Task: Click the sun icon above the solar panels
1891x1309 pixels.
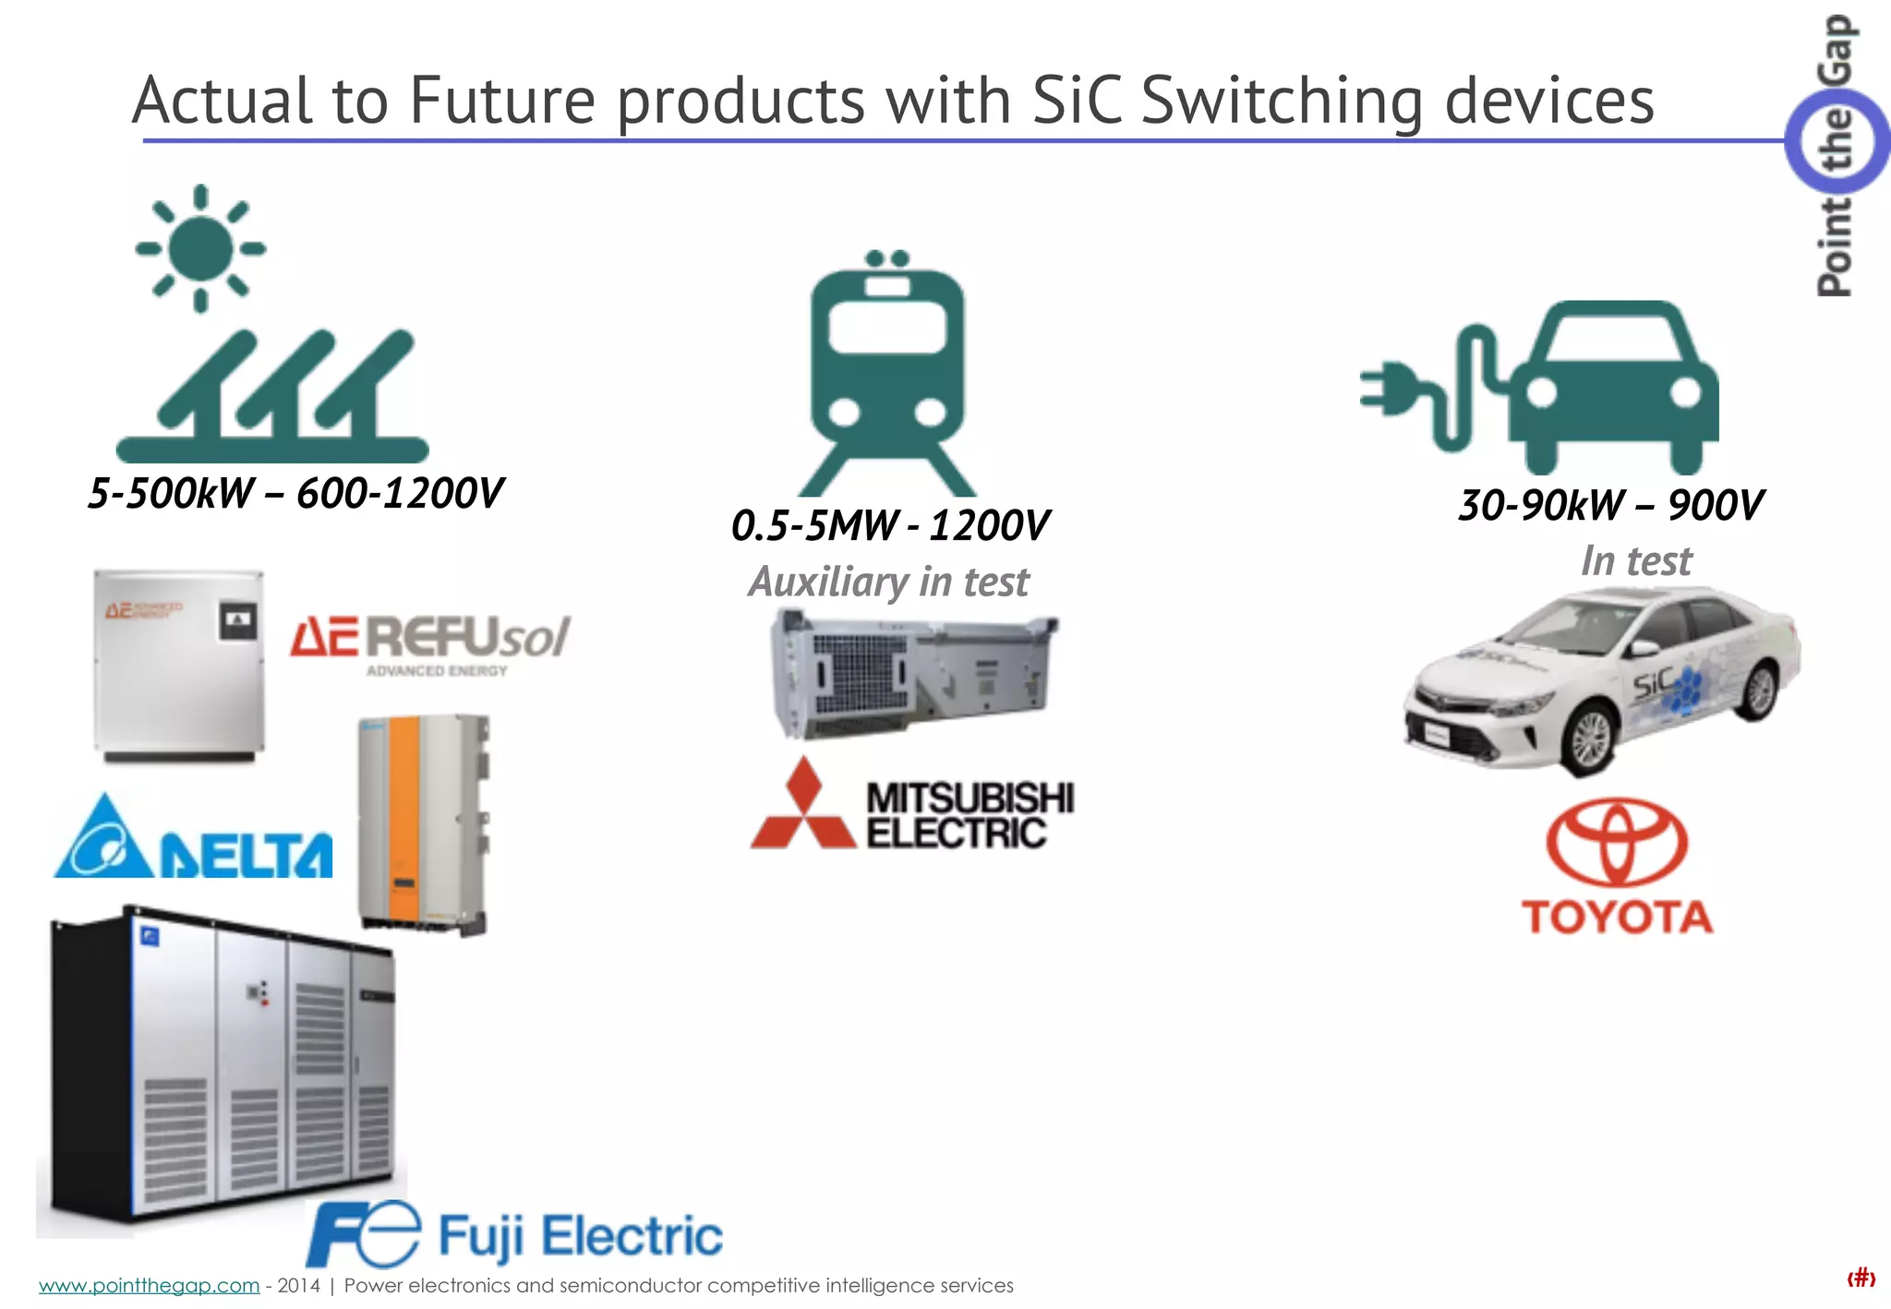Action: [201, 248]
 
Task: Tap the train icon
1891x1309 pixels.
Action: [887, 369]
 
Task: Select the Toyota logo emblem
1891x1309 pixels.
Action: [1617, 843]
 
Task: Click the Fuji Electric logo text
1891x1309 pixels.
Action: [580, 1236]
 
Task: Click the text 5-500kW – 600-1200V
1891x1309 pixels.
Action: [295, 493]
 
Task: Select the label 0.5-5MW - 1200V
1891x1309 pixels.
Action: [889, 526]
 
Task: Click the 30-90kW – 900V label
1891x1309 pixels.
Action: [1610, 505]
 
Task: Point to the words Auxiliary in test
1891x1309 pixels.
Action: [888, 582]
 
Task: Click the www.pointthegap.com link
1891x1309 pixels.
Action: [149, 1285]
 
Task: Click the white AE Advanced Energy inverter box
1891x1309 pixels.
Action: [178, 665]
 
